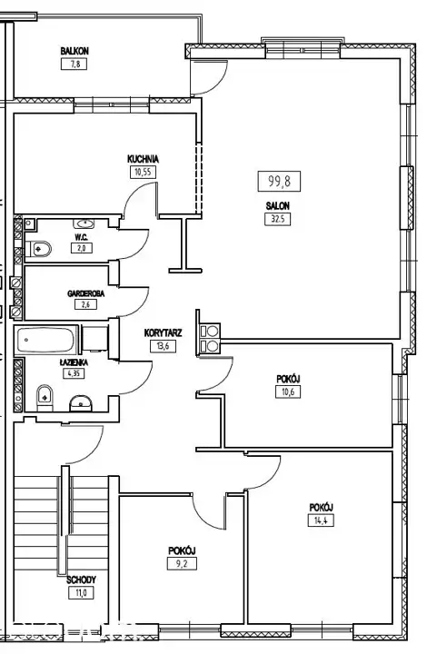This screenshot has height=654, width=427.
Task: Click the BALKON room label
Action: point(74,51)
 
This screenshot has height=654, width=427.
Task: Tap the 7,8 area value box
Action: point(74,64)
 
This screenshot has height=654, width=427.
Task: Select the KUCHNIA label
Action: point(143,159)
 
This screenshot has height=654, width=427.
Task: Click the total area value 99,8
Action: point(280,182)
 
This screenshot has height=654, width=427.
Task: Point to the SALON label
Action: point(278,205)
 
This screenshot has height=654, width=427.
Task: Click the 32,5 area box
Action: point(278,219)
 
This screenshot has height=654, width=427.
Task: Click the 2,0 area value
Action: point(82,248)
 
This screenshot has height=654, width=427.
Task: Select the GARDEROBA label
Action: point(86,293)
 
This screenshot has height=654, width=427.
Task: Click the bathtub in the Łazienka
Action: point(45,340)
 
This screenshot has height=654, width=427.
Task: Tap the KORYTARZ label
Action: point(163,332)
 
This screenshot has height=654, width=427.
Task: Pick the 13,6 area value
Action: point(163,346)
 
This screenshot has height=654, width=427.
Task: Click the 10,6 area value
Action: point(288,391)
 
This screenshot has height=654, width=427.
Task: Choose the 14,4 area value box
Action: point(321,520)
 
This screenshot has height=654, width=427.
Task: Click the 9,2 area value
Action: point(182,564)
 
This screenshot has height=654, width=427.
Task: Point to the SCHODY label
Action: point(82,580)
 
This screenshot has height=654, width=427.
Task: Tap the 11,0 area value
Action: point(82,592)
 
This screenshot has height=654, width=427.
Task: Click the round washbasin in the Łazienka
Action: point(81,403)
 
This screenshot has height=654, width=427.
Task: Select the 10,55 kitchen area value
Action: point(143,172)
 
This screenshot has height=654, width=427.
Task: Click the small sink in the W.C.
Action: point(84,224)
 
